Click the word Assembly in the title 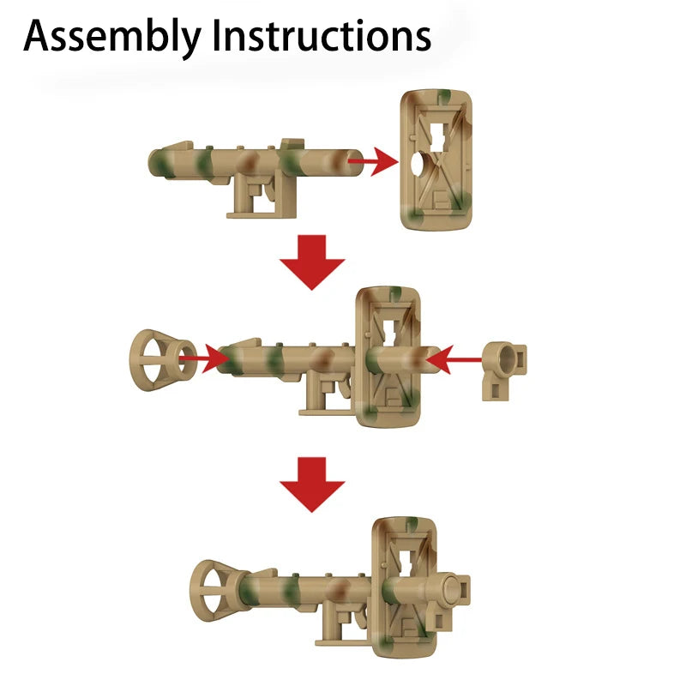tap(112, 37)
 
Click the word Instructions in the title tap(322, 36)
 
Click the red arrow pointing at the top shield tap(373, 161)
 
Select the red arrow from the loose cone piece tap(204, 358)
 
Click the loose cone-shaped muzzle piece tap(163, 360)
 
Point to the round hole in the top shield tap(418, 164)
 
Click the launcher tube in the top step tap(256, 163)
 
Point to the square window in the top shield tap(438, 136)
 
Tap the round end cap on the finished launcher tap(452, 589)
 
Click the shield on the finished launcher tap(404, 587)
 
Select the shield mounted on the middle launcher tap(388, 357)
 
